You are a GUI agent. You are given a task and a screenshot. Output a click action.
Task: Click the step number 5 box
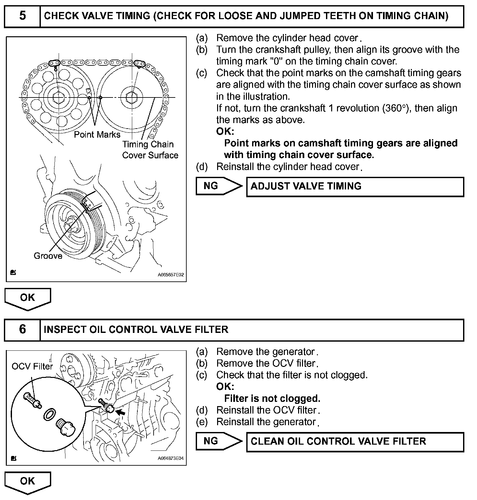click(22, 16)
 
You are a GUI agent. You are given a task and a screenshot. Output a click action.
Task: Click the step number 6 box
click(22, 329)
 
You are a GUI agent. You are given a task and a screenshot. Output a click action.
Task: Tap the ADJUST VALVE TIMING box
click(355, 187)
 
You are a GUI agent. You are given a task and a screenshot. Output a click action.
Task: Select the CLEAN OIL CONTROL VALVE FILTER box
click(355, 442)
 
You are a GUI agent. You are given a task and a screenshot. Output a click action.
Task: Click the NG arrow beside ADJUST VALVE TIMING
click(218, 186)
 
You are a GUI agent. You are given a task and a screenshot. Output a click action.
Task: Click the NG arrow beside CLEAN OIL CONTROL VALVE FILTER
click(218, 441)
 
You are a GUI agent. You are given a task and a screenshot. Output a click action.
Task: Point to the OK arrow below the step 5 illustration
click(28, 298)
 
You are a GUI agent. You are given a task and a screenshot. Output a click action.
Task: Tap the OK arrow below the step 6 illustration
click(28, 482)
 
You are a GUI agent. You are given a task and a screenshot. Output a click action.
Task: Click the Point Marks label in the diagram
click(97, 135)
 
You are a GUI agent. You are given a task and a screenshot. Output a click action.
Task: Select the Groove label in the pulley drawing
click(48, 256)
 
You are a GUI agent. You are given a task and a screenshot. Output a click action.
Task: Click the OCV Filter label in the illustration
click(32, 367)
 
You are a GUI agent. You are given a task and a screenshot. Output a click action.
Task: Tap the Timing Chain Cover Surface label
click(150, 150)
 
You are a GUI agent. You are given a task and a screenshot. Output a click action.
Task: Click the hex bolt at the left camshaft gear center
click(59, 97)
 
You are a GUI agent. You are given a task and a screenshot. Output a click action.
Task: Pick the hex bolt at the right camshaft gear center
click(132, 97)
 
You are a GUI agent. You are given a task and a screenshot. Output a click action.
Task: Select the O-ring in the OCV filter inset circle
click(49, 414)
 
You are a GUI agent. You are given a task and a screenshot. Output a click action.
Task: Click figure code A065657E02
click(171, 275)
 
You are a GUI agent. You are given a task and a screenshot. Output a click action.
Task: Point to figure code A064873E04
click(171, 459)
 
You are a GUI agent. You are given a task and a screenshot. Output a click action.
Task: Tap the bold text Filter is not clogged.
click(272, 398)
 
